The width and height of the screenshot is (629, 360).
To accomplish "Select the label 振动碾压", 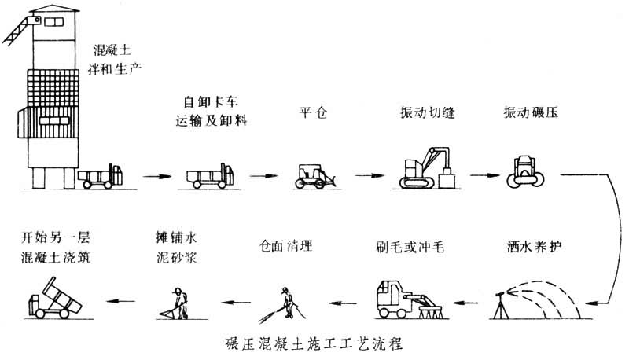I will coord(523,113).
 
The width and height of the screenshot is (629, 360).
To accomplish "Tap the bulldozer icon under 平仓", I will coord(315,174).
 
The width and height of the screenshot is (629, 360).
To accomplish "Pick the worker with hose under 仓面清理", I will coord(285,302).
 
